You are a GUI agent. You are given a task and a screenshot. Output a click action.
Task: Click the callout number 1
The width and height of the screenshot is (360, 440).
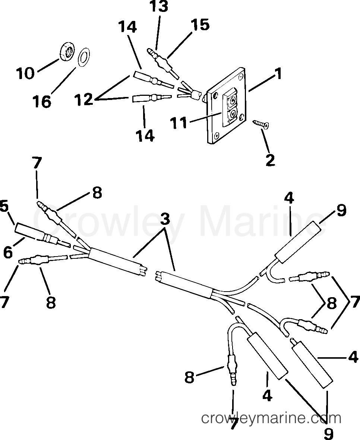tap(278, 74)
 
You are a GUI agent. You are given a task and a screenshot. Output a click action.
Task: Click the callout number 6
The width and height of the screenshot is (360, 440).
tap(8, 253)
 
